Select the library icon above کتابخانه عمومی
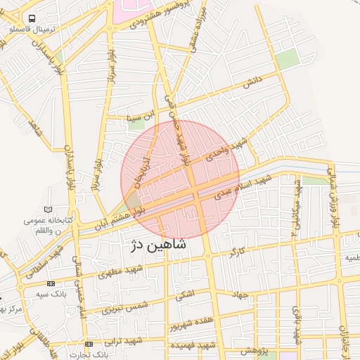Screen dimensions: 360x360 click(48, 210)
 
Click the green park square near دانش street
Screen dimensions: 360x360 click(287, 60)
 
